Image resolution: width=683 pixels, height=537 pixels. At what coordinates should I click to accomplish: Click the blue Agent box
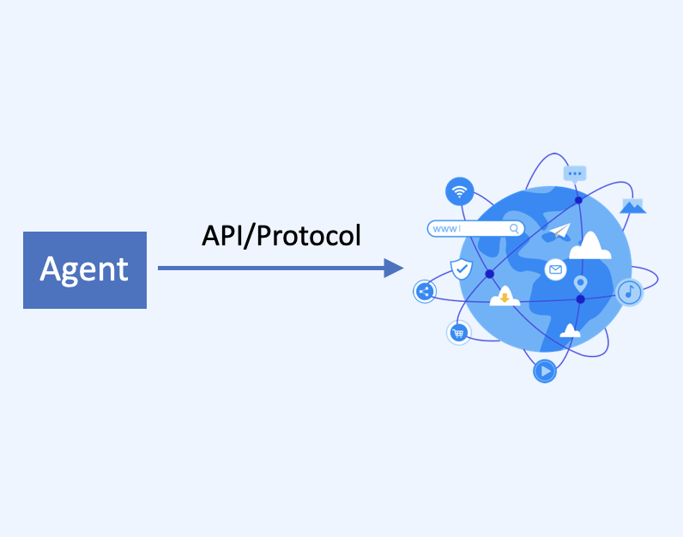[85, 270]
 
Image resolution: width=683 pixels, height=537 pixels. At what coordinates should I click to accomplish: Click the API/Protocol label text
[281, 236]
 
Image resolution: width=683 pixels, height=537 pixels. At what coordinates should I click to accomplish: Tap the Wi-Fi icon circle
[460, 191]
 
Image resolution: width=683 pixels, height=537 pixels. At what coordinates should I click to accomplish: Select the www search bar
[475, 229]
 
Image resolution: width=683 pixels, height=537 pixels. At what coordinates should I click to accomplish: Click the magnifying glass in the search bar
[515, 228]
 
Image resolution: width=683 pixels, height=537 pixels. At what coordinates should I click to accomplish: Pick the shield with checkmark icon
[462, 268]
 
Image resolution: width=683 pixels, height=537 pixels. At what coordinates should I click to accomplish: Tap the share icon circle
[425, 292]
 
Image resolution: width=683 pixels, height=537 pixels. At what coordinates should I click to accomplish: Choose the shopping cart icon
[458, 333]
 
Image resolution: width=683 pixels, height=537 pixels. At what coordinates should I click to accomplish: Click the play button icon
[545, 371]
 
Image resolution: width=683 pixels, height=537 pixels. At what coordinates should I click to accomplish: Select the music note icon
[630, 292]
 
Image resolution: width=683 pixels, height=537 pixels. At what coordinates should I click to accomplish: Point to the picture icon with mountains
[633, 206]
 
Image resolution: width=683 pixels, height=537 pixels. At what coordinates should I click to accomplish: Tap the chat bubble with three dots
[575, 175]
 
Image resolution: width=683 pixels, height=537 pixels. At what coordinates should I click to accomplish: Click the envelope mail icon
[555, 269]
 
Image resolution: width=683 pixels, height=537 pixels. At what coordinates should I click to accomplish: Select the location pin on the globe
[580, 284]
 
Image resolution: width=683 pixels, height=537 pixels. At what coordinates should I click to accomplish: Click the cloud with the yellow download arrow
[505, 296]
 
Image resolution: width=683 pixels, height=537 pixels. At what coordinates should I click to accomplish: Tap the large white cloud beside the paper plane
[590, 246]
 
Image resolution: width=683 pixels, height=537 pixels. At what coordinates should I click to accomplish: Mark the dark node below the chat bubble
[578, 201]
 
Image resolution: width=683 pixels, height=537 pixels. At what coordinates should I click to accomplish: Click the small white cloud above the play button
[570, 331]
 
